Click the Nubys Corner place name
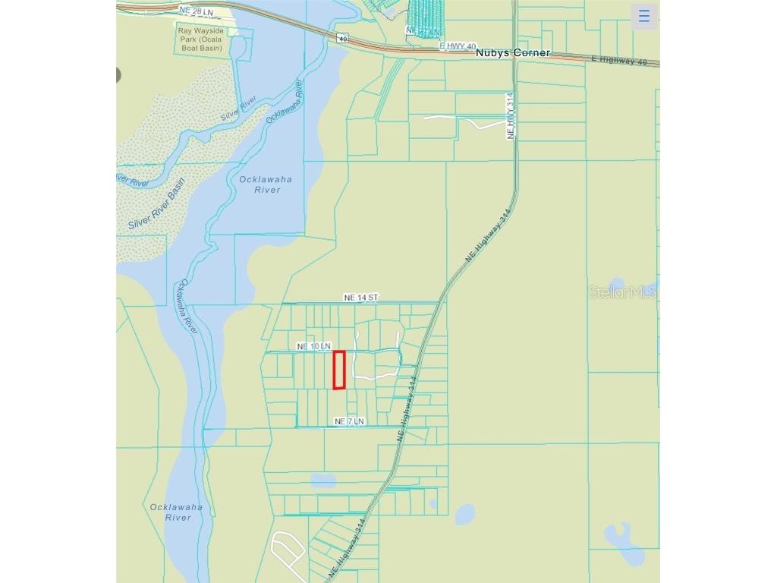tap(512, 54)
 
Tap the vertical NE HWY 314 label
tap(511, 116)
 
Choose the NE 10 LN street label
tap(313, 346)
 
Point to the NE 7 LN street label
tap(349, 421)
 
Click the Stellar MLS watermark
tap(623, 292)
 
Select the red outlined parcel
tap(339, 370)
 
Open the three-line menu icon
tap(644, 16)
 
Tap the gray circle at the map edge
tap(118, 74)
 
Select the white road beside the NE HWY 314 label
tap(463, 121)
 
